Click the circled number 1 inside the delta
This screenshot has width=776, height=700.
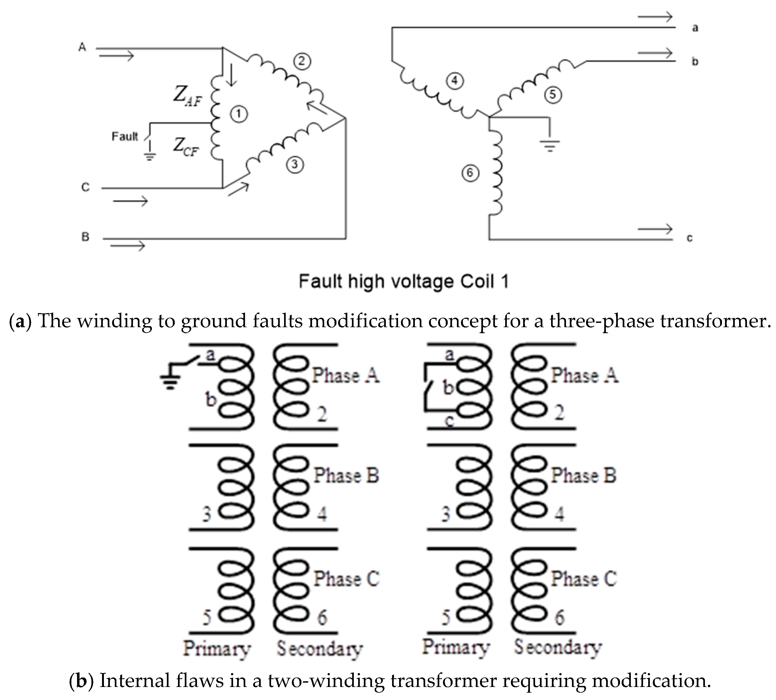click(x=238, y=114)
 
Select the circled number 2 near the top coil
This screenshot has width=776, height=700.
click(x=302, y=61)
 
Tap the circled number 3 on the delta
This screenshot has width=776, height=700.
click(x=295, y=165)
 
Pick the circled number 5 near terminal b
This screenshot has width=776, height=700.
click(x=552, y=94)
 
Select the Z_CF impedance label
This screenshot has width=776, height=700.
click(x=186, y=147)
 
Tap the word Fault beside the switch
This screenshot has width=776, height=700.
click(x=125, y=136)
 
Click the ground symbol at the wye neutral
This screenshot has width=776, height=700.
click(x=550, y=146)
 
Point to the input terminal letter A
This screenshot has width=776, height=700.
click(x=82, y=47)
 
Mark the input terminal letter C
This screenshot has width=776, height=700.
click(x=85, y=187)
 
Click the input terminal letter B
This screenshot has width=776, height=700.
click(x=85, y=237)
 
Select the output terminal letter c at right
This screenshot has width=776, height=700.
click(x=689, y=238)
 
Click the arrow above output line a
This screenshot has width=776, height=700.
click(x=655, y=17)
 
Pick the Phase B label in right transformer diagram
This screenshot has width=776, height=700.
click(x=583, y=475)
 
